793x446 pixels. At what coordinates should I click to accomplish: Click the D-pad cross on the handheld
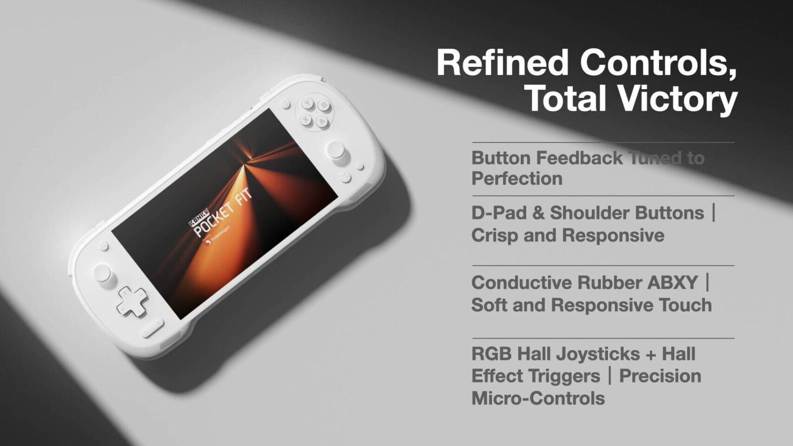132,302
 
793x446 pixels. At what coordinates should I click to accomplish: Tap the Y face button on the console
308,103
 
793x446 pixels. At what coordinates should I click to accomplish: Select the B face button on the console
324,105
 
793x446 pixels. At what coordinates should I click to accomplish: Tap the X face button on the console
305,119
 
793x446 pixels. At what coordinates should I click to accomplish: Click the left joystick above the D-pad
103,273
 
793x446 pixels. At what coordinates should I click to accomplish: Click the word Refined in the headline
503,63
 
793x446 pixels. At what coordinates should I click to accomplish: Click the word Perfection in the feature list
517,178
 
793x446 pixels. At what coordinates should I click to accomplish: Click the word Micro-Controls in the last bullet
538,398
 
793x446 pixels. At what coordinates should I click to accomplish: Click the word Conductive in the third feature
521,282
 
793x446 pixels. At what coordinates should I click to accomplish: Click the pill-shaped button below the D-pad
153,328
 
